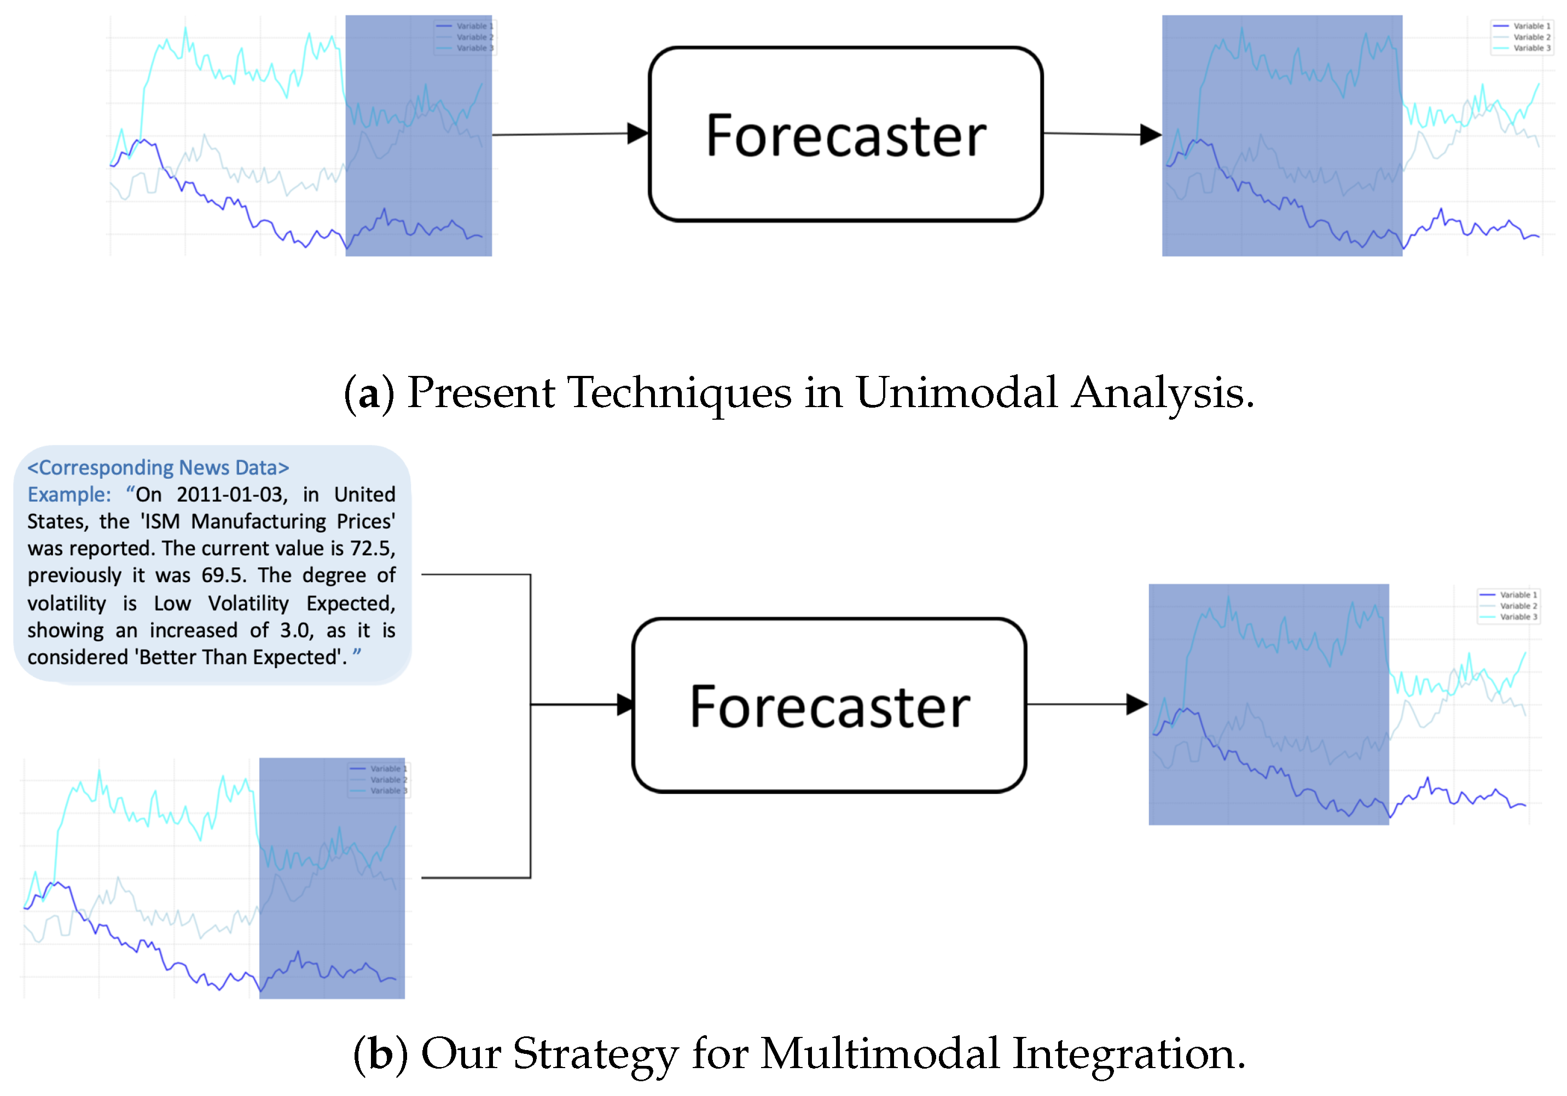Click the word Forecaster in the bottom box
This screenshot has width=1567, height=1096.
(829, 707)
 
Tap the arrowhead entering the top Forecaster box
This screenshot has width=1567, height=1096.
(637, 134)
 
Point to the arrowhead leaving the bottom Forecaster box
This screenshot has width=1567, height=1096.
(1136, 704)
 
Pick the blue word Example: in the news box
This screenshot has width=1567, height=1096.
(69, 494)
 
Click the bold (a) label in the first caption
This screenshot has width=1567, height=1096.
(369, 394)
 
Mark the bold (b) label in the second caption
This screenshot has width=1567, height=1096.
(380, 1054)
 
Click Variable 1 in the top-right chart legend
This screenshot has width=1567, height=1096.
(1531, 26)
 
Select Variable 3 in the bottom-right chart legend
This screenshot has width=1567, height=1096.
(1518, 617)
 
